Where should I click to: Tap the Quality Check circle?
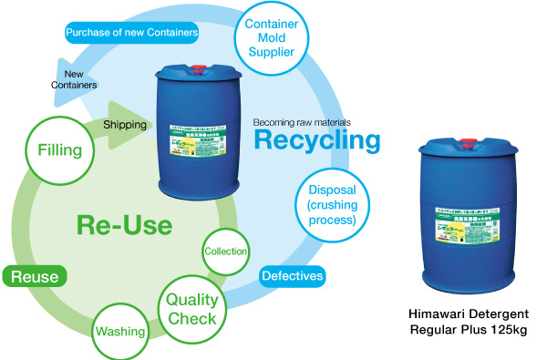coord(192,308)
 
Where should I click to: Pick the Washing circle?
coord(121,330)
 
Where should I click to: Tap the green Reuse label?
coord(35,276)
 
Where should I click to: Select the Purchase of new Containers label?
coord(132,34)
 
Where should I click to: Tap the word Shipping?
coord(125,124)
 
